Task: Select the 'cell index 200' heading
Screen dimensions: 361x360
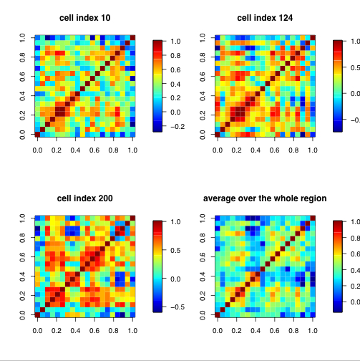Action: [84, 198]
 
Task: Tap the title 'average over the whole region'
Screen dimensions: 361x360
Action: [264, 198]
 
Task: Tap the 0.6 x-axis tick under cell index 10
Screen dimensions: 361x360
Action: [94, 151]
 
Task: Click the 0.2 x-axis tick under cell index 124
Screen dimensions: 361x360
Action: [235, 151]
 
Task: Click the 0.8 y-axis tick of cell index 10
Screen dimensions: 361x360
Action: [23, 56]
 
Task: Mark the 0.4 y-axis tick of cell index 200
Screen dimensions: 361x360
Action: [23, 276]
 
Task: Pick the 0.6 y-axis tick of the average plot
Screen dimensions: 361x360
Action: [203, 256]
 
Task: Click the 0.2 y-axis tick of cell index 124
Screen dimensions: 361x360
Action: [203, 115]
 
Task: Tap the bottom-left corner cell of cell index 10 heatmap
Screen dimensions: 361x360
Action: [37, 134]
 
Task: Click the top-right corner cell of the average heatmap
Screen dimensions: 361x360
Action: [311, 217]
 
